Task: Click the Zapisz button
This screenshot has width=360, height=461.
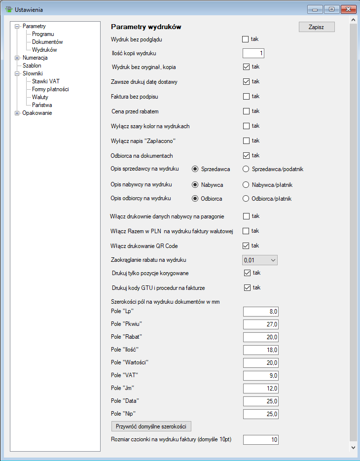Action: click(x=317, y=27)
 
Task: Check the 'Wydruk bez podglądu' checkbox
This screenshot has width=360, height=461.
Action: click(x=246, y=39)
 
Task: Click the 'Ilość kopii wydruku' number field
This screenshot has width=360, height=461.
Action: click(x=254, y=53)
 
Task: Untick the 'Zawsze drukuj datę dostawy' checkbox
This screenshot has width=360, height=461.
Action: click(x=246, y=81)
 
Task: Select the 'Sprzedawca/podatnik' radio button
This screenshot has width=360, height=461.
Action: click(x=246, y=169)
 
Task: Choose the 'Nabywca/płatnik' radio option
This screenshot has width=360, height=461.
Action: click(x=246, y=185)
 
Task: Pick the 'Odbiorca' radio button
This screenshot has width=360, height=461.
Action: click(x=195, y=199)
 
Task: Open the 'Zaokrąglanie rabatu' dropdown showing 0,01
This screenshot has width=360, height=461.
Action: click(x=260, y=260)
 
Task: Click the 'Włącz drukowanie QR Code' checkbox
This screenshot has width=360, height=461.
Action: click(x=246, y=246)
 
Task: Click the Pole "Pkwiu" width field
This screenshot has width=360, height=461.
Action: click(x=261, y=324)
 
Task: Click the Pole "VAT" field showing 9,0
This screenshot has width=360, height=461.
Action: click(x=261, y=375)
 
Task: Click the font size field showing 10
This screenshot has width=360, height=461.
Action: click(x=261, y=439)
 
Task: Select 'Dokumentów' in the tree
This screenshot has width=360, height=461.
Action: click(x=47, y=42)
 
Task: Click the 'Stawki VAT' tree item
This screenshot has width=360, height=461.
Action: click(x=46, y=81)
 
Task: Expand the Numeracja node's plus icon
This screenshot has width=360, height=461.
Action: click(x=17, y=58)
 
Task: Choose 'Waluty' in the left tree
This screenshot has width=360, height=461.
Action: click(x=40, y=97)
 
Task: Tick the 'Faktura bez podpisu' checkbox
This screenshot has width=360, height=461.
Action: click(x=246, y=96)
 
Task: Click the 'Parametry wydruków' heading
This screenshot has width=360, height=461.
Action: click(x=146, y=27)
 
